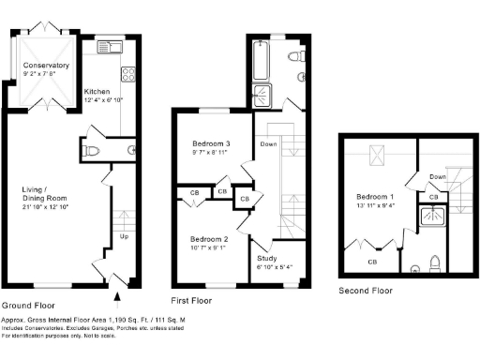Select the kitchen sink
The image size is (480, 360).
tap(110, 45)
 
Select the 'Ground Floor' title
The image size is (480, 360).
tap(27, 306)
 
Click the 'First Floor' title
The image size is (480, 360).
tap(192, 302)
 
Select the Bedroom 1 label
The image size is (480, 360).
tap(375, 197)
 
